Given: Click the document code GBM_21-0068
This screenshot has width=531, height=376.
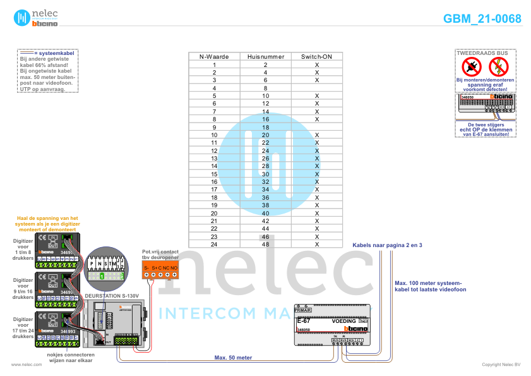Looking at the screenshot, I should (x=482, y=19).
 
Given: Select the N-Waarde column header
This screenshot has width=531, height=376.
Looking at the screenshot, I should (x=214, y=57).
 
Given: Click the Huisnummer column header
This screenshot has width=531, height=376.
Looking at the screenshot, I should (x=265, y=57).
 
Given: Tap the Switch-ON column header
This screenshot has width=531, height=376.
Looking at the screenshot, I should (x=316, y=57).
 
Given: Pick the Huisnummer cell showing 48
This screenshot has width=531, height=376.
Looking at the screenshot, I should (x=265, y=244).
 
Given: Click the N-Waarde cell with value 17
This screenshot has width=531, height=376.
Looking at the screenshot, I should (x=214, y=190).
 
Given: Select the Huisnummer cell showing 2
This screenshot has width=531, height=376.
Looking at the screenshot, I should (x=265, y=65).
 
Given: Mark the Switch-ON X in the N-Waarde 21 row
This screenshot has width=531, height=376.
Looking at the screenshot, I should (x=317, y=221).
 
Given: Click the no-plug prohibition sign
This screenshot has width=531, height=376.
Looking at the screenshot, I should (x=471, y=66).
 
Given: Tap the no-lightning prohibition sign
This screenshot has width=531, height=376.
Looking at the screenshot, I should (x=498, y=66).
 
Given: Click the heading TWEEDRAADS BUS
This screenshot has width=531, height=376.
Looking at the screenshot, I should (x=484, y=53).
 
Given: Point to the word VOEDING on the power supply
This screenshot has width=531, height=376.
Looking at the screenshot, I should (x=343, y=322).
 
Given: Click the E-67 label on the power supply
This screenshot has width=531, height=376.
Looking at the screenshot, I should (x=303, y=322).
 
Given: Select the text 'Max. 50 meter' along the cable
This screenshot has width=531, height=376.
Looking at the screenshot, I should (x=233, y=358).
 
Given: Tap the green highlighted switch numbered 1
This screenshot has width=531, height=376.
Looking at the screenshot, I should (x=102, y=276).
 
